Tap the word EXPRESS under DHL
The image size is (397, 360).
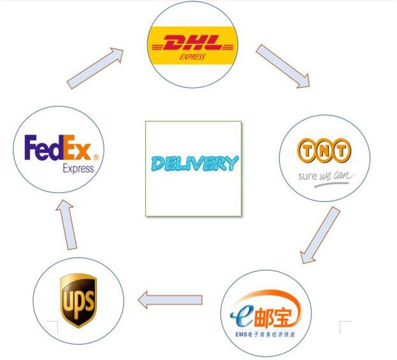point(192,57)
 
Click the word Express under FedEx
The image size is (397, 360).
point(78,169)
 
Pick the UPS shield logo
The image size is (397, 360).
point(78,300)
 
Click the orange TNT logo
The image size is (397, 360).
point(324,151)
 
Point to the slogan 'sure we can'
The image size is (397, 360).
point(323,175)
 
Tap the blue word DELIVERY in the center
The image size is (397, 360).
point(194,164)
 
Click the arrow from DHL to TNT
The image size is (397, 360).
point(282,66)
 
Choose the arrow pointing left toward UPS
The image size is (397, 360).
point(170,299)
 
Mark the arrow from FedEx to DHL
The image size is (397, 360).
point(96,68)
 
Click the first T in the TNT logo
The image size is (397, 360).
point(307,151)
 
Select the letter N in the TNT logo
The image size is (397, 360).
point(324,151)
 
